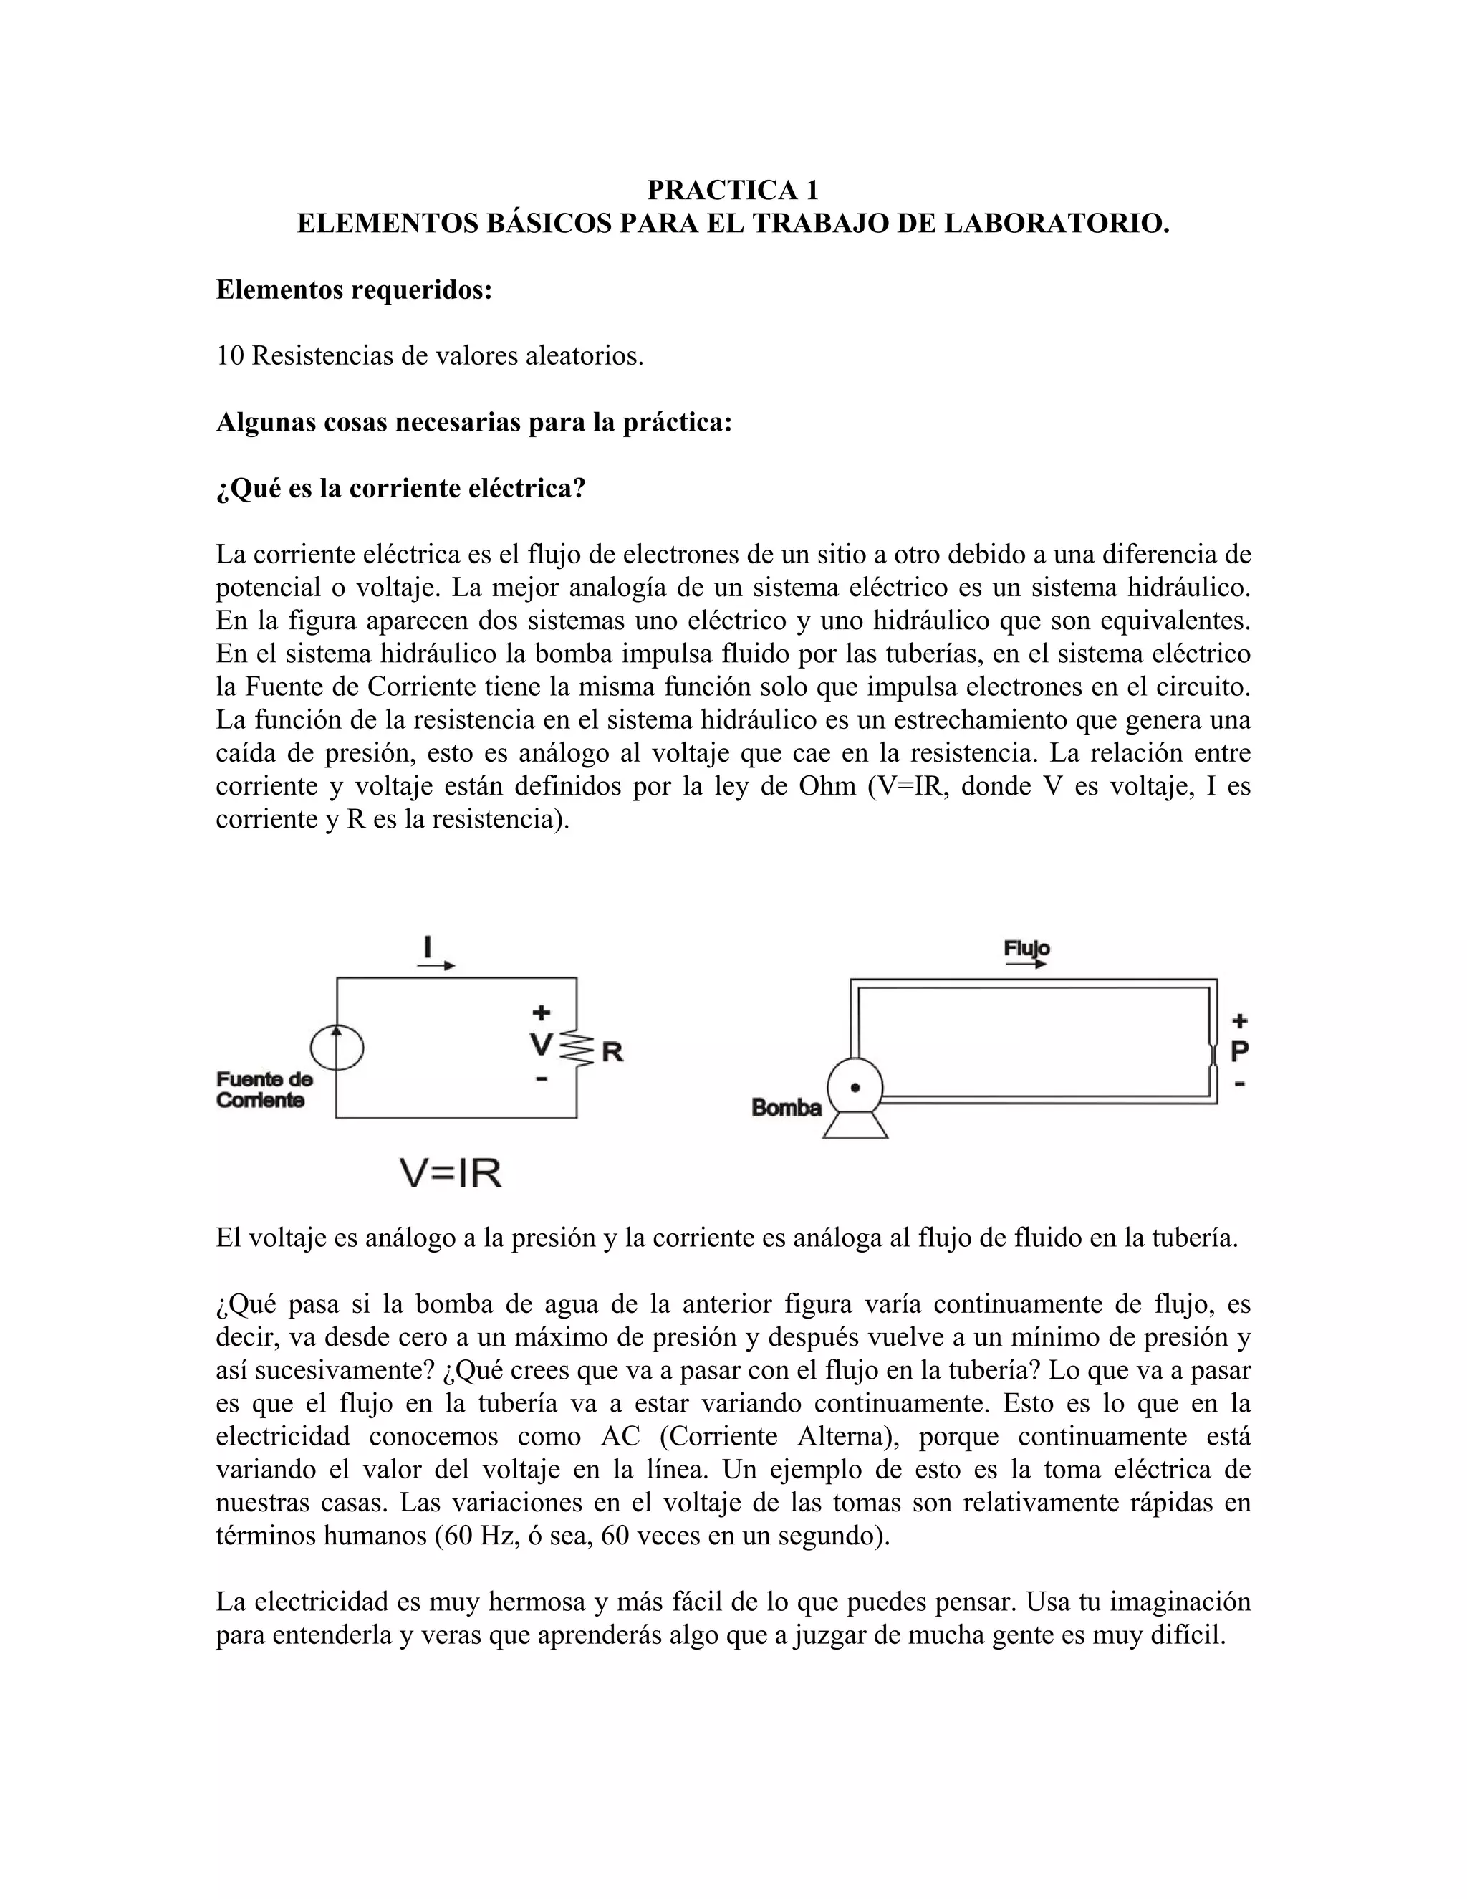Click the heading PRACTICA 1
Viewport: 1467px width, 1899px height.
[733, 190]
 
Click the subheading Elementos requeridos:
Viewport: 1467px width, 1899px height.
[354, 290]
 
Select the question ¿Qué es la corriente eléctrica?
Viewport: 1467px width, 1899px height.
[400, 489]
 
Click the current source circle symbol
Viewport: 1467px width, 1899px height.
[337, 1048]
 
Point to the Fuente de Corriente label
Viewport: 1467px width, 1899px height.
[264, 1089]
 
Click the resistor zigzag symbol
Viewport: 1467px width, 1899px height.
[576, 1048]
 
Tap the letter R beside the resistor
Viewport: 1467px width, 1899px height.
[612, 1052]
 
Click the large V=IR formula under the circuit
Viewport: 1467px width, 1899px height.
[450, 1174]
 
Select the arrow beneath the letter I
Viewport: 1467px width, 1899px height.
[436, 965]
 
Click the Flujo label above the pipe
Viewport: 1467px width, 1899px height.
[1026, 948]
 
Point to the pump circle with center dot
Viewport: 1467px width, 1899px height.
[855, 1087]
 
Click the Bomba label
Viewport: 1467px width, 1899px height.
[787, 1108]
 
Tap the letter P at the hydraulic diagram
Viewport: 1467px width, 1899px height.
[1240, 1051]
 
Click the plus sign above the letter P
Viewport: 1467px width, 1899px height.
[1240, 1020]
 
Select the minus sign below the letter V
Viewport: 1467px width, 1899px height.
[542, 1079]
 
